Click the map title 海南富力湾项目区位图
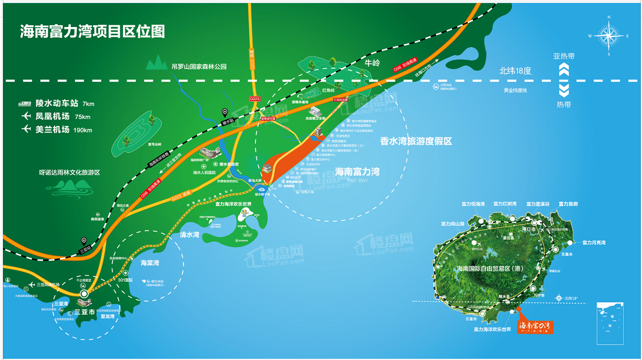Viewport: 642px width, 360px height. coord(92,32)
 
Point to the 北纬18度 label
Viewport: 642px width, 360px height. coord(515,71)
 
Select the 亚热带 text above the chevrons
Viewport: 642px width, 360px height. coord(564,57)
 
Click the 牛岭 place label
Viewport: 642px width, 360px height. coord(372,62)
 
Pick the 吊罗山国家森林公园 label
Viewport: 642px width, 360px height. coord(199,66)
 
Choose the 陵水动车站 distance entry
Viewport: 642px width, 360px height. coord(64,104)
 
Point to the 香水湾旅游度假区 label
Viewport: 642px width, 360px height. coord(416,141)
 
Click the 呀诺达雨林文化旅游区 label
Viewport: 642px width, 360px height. coord(69,173)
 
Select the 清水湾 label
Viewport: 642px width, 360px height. coord(189,234)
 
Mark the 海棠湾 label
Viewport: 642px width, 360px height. coord(150,263)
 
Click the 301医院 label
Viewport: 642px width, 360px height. coord(125,281)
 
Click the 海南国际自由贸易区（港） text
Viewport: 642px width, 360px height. coord(490,268)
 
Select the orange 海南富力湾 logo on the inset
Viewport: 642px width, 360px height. coord(534,325)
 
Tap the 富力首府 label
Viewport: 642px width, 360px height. coord(568,204)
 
